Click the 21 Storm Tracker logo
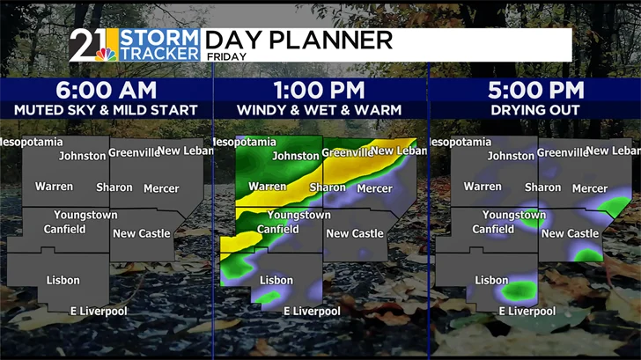pos(136,45)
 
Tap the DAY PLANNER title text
pos(298,40)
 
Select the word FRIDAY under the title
pos(225,55)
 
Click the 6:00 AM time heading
pos(106,90)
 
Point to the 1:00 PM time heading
pos(320,90)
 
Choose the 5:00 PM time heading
pos(534,90)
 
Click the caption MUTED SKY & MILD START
pos(106,110)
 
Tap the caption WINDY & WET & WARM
pos(320,110)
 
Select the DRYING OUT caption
pos(534,110)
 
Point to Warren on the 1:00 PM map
pos(268,187)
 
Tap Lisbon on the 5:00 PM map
pos(492,281)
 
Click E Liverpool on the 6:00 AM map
pos(99,311)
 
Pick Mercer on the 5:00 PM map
pos(590,188)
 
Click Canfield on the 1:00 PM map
pos(278,230)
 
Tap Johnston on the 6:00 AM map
pos(82,157)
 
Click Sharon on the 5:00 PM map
pos(542,187)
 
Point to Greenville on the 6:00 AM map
pos(134,152)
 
